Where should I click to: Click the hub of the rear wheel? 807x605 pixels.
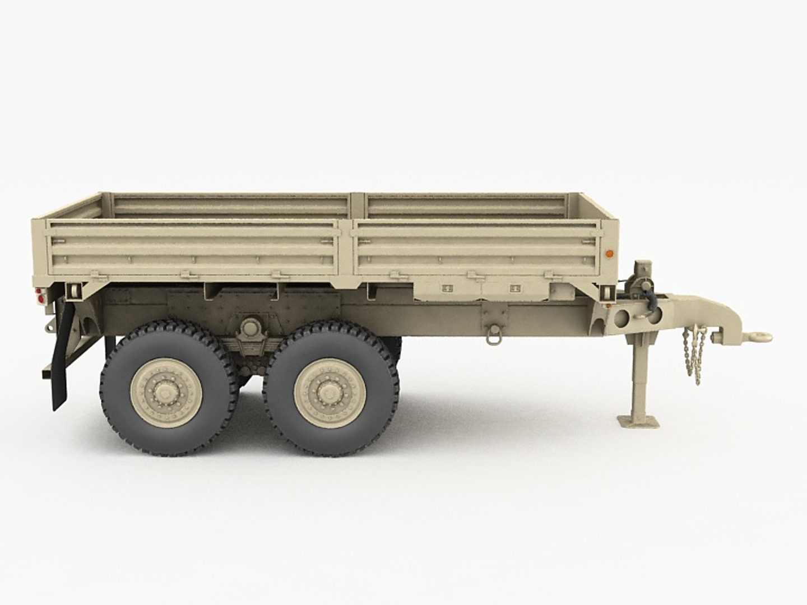(166, 390)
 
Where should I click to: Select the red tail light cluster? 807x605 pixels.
(38, 297)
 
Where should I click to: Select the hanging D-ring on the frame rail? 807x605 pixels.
(493, 336)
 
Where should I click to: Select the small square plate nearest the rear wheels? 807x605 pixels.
(447, 289)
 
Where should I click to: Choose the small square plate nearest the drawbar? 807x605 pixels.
(514, 289)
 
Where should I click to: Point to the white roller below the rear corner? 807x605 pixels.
(71, 291)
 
